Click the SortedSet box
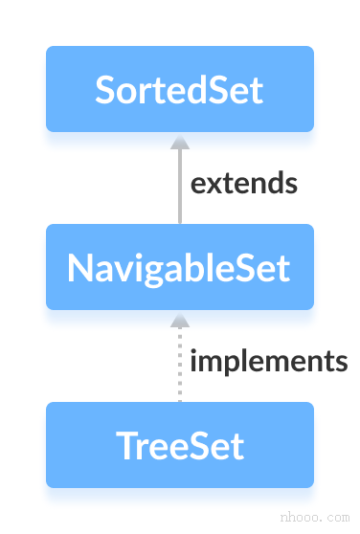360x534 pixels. click(x=180, y=89)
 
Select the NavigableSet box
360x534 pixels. click(x=180, y=267)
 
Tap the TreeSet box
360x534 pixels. click(x=180, y=445)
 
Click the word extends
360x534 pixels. click(x=243, y=183)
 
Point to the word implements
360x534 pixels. click(x=268, y=362)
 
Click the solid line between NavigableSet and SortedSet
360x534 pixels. click(x=179, y=191)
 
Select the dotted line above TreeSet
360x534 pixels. click(x=179, y=368)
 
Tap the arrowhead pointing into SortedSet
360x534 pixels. click(x=179, y=142)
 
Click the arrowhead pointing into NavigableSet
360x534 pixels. click(x=179, y=320)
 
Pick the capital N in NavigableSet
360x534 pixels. click(x=79, y=267)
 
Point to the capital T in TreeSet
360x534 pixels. click(x=124, y=445)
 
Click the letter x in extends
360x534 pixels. click(x=213, y=184)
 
